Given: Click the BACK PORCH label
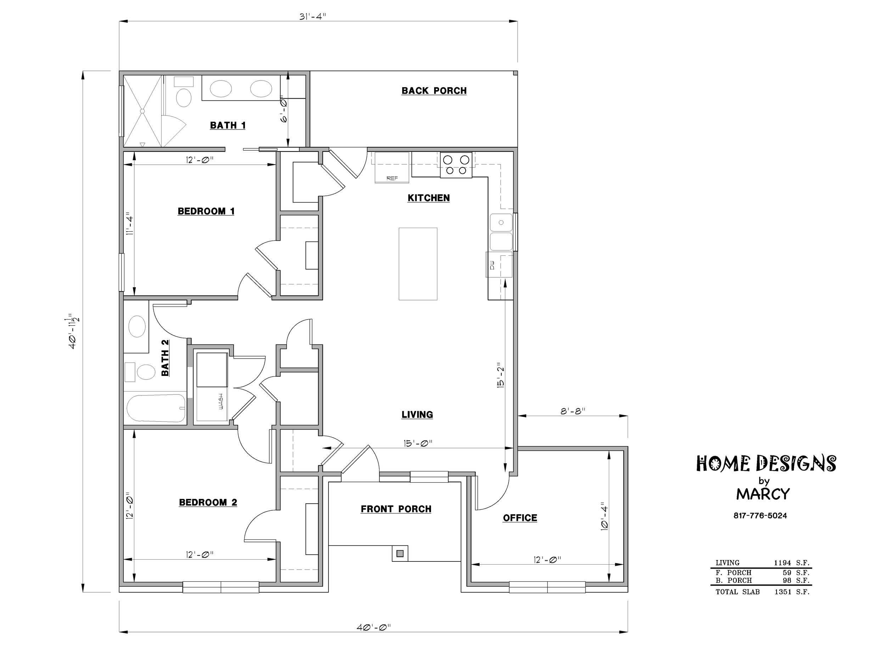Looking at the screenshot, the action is coord(434,91).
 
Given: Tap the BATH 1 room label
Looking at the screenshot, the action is coord(228,126).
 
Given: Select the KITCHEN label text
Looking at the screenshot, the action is coord(428,198).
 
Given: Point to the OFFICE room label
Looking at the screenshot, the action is coord(520,518).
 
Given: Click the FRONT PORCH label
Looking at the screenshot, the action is coord(396,509).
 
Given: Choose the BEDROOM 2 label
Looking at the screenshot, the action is coord(208,502).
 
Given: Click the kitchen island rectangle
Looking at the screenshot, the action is coord(418,264).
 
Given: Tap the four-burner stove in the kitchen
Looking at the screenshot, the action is coord(456,165).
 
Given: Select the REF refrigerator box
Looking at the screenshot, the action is coord(392,167).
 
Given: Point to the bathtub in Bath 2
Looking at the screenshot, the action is coord(156,408).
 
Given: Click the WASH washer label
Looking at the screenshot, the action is coord(221,401).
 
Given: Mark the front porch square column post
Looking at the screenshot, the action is coord(400,554).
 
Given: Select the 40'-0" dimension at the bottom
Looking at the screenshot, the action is coord(373,627).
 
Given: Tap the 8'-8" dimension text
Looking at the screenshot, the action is coord(573,411).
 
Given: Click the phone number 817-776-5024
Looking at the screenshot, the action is coord(760,515).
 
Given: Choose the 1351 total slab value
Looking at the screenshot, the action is coord(783,592).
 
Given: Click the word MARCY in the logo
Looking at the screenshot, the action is coord(763,494).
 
